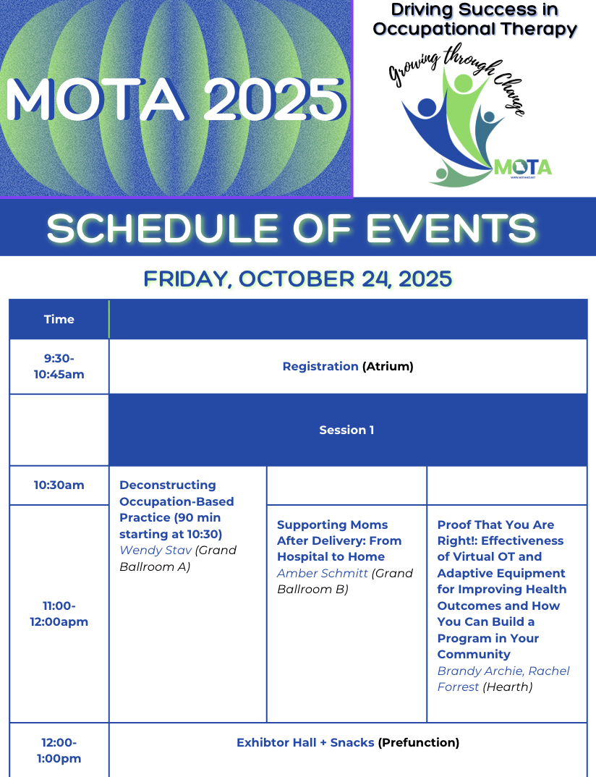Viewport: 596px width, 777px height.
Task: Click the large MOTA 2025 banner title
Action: [176, 99]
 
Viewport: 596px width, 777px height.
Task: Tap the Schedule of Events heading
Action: [291, 229]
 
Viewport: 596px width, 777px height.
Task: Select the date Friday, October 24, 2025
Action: [297, 279]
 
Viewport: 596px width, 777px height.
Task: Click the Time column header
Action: [59, 319]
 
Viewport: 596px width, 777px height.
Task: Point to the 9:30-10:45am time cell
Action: [59, 366]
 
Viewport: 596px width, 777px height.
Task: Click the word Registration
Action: [320, 366]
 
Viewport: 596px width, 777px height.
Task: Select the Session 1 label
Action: [346, 430]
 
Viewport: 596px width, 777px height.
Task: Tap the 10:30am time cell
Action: [59, 485]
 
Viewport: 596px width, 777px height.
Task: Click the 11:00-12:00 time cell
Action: [59, 613]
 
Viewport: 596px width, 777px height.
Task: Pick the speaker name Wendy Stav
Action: [156, 551]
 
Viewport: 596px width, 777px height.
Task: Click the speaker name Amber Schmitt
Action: [323, 574]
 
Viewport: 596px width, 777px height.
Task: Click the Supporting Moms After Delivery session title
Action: [339, 540]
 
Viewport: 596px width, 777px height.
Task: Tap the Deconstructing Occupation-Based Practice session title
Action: [176, 509]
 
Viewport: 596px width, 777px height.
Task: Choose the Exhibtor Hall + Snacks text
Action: [305, 742]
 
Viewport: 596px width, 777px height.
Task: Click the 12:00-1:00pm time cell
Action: [59, 750]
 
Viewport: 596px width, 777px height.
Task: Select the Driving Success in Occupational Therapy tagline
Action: [474, 20]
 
